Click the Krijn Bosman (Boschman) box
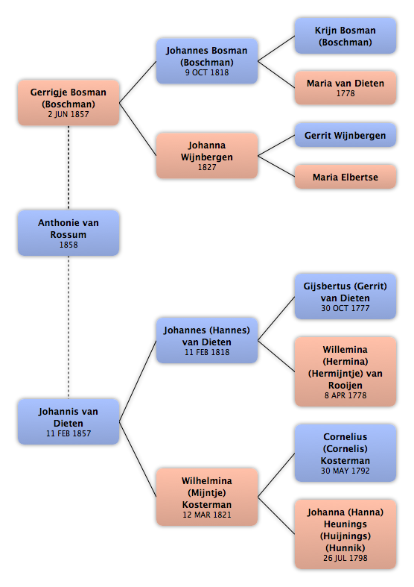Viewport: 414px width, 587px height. [345, 36]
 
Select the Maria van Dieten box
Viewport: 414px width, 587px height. [345, 87]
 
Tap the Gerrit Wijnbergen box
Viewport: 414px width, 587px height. [345, 135]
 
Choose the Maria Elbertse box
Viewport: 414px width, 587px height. [345, 177]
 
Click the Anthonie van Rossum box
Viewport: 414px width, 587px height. [69, 233]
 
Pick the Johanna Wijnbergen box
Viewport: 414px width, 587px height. [207, 155]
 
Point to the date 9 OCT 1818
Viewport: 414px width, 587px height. [207, 72]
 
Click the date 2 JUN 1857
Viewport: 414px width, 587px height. [69, 114]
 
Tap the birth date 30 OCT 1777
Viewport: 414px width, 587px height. [345, 308]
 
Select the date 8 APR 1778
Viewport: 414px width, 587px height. [345, 395]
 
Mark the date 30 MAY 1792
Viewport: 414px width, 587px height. [345, 471]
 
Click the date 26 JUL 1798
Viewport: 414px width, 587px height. [345, 558]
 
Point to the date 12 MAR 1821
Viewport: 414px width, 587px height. [207, 515]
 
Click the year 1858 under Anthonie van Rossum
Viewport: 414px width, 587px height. [69, 245]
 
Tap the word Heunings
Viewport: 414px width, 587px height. [345, 524]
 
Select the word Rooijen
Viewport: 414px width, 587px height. [345, 385]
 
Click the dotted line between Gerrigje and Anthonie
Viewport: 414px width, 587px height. [69, 168]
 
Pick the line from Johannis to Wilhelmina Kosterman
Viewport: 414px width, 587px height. [138, 459]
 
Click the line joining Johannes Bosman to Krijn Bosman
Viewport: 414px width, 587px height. [276, 48]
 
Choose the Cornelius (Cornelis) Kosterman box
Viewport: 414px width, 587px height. [345, 453]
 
